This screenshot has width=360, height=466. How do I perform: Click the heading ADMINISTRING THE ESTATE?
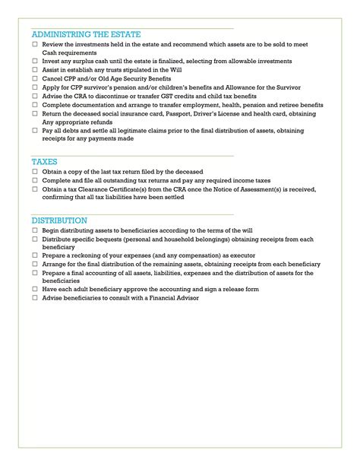[86, 35]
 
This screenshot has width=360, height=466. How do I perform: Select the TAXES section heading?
[45, 162]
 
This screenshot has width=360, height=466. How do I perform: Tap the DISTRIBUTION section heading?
[59, 220]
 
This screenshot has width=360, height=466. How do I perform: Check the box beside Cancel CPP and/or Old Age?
[35, 78]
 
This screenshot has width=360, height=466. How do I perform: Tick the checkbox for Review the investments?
[35, 46]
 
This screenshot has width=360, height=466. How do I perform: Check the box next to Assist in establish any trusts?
[35, 70]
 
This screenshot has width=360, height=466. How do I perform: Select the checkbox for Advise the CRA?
[35, 97]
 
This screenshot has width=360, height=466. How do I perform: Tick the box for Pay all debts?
[35, 131]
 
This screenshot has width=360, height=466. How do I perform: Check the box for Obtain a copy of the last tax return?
[35, 173]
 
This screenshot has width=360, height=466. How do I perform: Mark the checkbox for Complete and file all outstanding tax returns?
[35, 181]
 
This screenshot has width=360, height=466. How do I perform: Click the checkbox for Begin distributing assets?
[35, 230]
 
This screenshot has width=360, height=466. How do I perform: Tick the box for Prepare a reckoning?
[35, 256]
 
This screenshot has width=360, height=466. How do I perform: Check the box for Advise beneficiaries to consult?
[35, 299]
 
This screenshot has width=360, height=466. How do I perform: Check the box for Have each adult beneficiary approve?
[35, 290]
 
